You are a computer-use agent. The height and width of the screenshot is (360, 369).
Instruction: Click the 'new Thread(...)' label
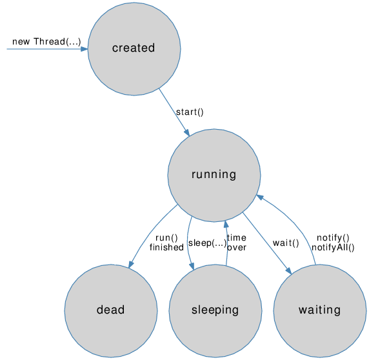[46, 42]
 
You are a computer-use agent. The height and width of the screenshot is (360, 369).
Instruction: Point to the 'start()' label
[190, 112]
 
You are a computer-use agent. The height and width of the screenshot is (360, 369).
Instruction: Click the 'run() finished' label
[166, 242]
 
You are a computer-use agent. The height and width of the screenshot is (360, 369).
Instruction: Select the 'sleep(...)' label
[206, 243]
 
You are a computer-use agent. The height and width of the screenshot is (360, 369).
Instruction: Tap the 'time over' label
[237, 242]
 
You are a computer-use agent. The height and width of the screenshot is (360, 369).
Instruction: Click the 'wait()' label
[285, 243]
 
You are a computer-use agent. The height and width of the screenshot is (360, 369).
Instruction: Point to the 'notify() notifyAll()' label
[333, 242]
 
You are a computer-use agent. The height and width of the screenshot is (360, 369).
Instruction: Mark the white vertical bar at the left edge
[5, 49]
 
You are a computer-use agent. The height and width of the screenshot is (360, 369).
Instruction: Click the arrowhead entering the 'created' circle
[84, 48]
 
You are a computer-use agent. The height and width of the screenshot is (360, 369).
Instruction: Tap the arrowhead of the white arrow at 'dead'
[115, 261]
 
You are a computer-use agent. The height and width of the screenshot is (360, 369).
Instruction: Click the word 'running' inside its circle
[214, 174]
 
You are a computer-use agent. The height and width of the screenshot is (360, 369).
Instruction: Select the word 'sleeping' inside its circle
[215, 310]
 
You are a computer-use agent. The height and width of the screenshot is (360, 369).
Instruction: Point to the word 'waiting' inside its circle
[319, 310]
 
